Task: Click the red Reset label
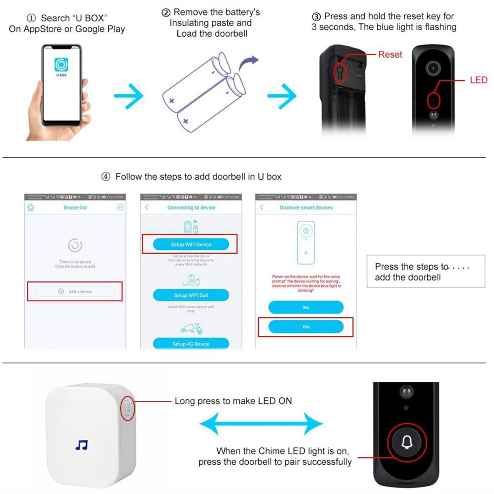pyautogui.click(x=390, y=54)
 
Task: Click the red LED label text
pyautogui.click(x=478, y=80)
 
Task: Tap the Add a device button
pyautogui.click(x=75, y=291)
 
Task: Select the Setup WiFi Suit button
pyautogui.click(x=191, y=295)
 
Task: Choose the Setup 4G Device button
pyautogui.click(x=191, y=344)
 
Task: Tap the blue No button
pyautogui.click(x=305, y=307)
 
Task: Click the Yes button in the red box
pyautogui.click(x=305, y=326)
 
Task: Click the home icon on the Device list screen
pyautogui.click(x=31, y=207)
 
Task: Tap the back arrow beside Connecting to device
pyautogui.click(x=147, y=207)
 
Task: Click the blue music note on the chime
pyautogui.click(x=82, y=445)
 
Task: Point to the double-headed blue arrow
pyautogui.click(x=261, y=424)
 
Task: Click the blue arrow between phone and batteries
pyautogui.click(x=128, y=96)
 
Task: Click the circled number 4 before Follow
pyautogui.click(x=106, y=177)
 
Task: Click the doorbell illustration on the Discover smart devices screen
pyautogui.click(x=305, y=242)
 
